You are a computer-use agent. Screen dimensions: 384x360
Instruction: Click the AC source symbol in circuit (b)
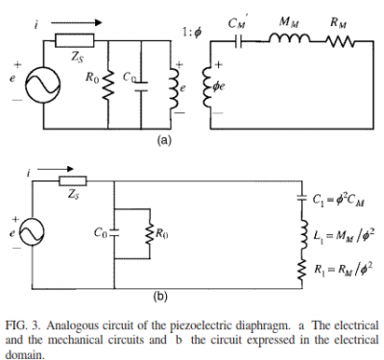pos(33,232)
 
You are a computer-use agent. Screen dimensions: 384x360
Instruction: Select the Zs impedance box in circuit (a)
pos(75,40)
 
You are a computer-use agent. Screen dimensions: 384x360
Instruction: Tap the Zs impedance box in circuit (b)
pos(73,180)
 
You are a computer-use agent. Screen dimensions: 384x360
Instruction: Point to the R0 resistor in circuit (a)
pos(108,84)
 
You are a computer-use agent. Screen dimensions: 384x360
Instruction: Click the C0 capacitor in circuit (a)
pos(140,86)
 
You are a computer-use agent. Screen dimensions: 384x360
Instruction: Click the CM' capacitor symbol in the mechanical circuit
pos(238,41)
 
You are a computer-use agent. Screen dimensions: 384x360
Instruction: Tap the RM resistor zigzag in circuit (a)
pos(339,41)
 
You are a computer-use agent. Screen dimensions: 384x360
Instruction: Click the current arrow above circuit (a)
pos(76,22)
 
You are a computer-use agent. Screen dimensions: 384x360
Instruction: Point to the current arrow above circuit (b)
pos(57,169)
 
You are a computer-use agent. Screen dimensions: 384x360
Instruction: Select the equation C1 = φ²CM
pos(340,201)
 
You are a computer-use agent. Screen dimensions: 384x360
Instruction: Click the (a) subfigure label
pos(164,140)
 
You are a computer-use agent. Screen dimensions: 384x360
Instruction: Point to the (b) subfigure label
pos(160,298)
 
